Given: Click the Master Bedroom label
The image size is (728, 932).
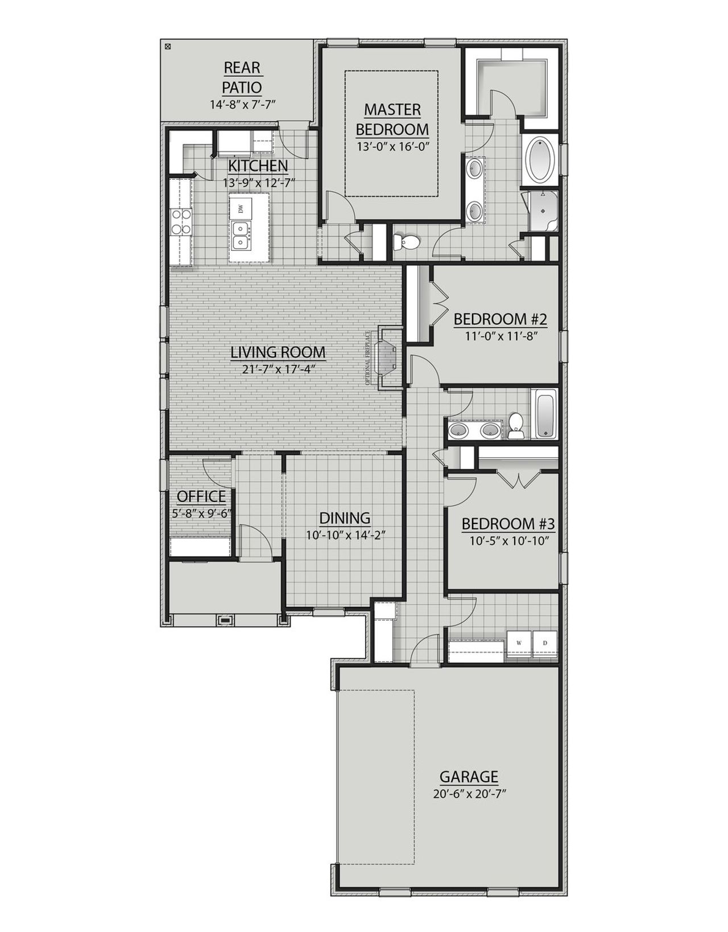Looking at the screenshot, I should [392, 119].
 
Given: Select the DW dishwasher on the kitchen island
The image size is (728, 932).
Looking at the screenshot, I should [241, 209].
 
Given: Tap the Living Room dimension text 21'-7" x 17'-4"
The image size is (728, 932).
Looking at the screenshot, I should [278, 369].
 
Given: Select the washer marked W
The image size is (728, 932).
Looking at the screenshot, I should [519, 643].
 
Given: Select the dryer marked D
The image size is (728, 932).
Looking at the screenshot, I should [545, 643].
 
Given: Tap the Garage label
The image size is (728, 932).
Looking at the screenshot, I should [469, 777].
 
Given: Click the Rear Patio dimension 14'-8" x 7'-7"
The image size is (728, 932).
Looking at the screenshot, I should [242, 104].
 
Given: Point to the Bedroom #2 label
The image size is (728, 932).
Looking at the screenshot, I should [500, 319].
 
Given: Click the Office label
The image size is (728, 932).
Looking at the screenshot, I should [201, 496].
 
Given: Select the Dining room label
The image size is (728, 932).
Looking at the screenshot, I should [345, 518].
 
